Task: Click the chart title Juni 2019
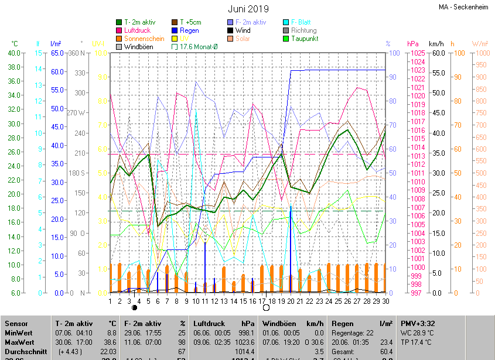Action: (248, 9)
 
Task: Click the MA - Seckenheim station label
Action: (465, 7)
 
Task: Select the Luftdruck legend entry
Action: (137, 30)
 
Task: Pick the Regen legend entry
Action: (189, 30)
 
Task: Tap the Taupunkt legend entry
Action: (305, 39)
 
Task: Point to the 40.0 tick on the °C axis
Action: (13, 53)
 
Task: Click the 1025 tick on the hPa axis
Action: (417, 53)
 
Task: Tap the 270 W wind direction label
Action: (76, 113)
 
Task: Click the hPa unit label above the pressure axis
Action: (412, 44)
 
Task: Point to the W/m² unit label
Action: (480, 44)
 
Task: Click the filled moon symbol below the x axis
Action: (135, 307)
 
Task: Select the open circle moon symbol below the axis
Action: (266, 307)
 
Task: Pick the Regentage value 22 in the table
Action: (369, 332)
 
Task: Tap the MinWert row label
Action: (19, 332)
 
